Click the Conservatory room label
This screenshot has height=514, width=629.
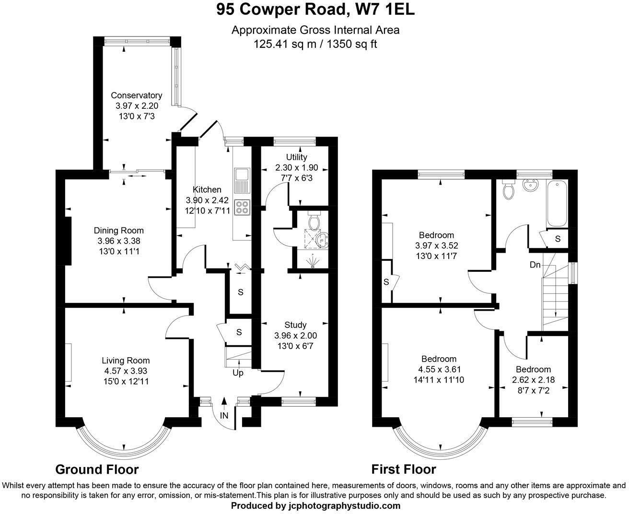(x=136, y=95)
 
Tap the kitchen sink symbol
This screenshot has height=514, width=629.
(x=242, y=179)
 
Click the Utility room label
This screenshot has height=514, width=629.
(x=296, y=157)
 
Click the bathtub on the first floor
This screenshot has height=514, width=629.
(x=557, y=204)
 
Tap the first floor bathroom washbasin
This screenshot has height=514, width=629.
(x=531, y=185)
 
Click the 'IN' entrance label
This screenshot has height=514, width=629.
(x=224, y=415)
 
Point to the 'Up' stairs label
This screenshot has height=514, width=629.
(x=238, y=373)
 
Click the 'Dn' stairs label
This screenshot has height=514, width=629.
(x=536, y=265)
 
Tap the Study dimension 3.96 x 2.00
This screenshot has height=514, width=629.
(x=295, y=336)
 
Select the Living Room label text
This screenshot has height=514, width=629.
(x=126, y=361)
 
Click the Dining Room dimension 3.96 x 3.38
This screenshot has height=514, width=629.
(x=119, y=241)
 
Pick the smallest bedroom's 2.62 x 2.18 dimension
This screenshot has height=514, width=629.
(x=533, y=380)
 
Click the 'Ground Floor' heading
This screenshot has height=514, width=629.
(x=97, y=469)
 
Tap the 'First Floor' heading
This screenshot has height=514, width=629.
(x=404, y=469)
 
